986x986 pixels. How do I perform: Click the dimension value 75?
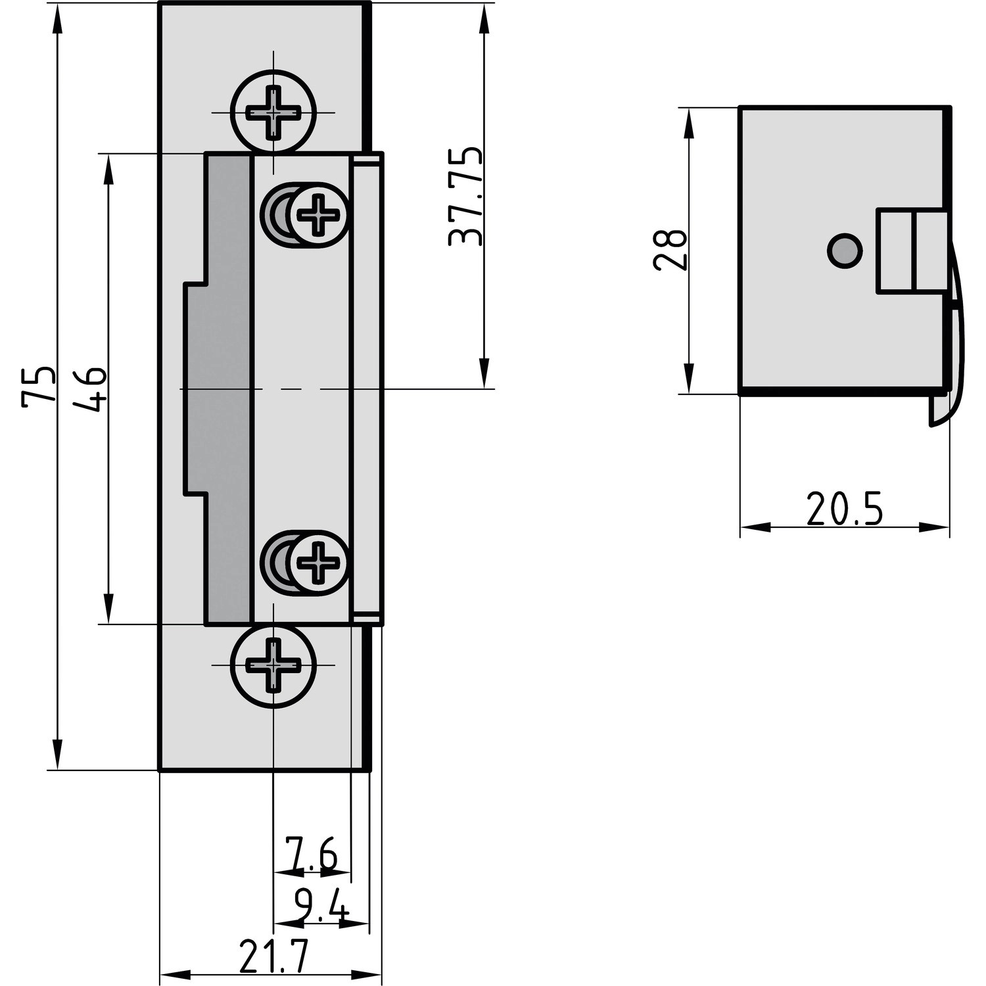point(37,387)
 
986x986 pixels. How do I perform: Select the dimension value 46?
point(91,389)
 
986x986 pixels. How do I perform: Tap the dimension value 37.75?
point(465,197)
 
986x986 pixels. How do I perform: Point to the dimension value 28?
point(670,250)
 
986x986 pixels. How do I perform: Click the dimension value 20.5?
point(844,509)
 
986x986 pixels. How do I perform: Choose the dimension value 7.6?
point(311,853)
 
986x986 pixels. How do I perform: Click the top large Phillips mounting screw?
point(273,112)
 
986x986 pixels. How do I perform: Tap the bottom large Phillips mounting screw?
point(273,665)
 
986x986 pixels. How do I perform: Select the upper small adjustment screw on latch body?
point(318,214)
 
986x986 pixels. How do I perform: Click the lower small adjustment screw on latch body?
point(318,563)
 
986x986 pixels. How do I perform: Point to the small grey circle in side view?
point(844,250)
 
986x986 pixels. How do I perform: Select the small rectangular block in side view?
point(912,250)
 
